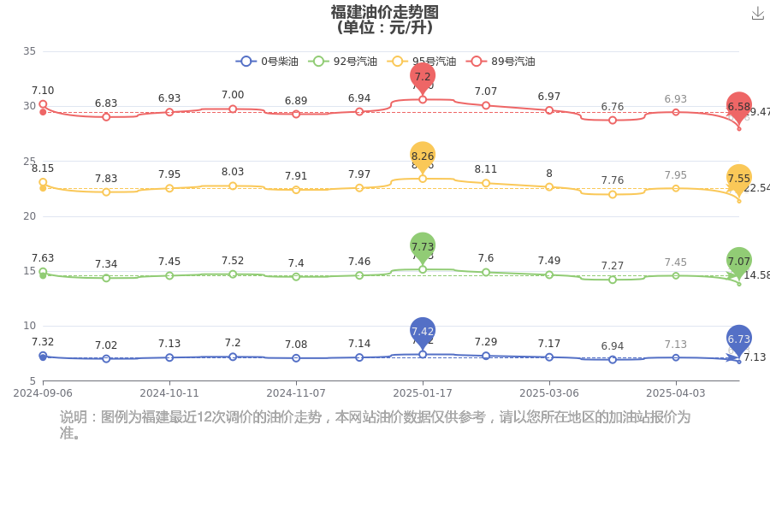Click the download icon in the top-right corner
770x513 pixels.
pos(757,14)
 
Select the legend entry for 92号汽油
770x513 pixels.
pos(342,62)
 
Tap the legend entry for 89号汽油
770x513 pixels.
pos(501,62)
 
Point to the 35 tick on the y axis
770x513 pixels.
pos(29,51)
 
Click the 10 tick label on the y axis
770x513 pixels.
pos(29,326)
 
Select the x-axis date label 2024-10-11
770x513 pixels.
pos(169,393)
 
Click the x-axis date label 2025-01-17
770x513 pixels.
pos(423,393)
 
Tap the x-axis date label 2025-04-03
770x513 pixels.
pos(676,393)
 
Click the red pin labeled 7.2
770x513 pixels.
pos(423,76)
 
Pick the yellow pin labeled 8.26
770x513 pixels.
pos(423,156)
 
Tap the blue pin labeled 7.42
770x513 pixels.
pos(423,331)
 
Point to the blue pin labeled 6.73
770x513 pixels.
pos(739,339)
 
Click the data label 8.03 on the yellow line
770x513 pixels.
pos(233,172)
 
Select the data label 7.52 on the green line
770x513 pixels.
pos(233,260)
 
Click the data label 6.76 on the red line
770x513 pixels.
pos(613,106)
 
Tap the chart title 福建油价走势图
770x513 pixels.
pos(385,12)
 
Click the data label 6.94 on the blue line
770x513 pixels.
pos(613,345)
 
